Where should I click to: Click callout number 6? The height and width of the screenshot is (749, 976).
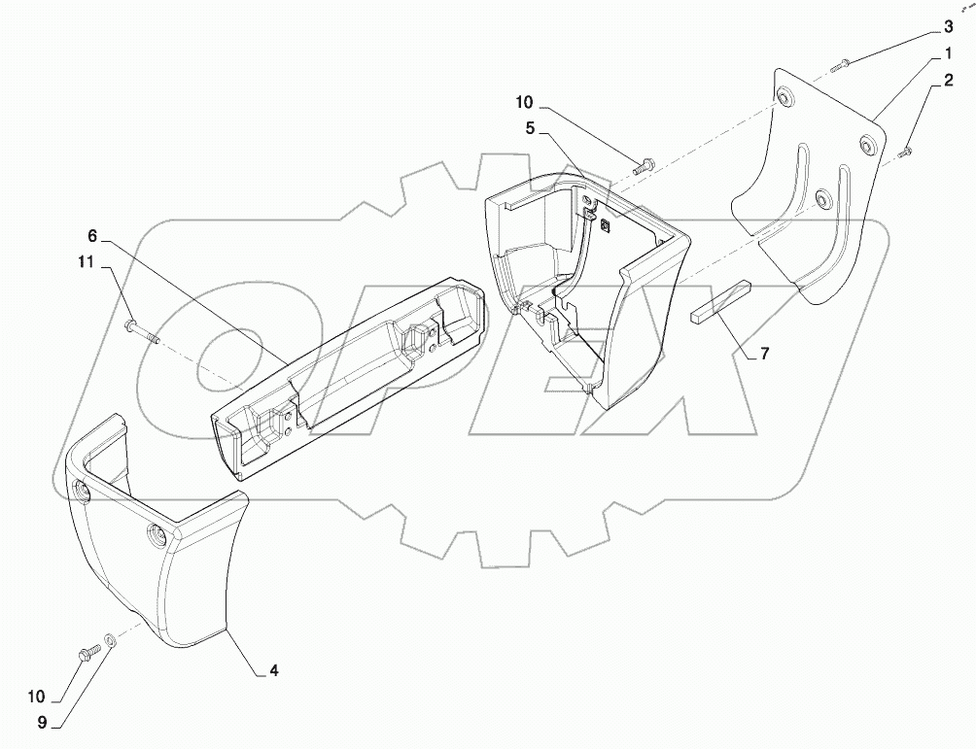click(92, 235)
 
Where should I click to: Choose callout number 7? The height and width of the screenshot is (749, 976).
click(764, 354)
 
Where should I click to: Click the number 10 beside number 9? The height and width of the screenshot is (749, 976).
click(36, 697)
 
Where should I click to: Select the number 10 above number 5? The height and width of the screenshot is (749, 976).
click(524, 102)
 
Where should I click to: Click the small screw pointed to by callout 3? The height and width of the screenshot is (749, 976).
click(843, 64)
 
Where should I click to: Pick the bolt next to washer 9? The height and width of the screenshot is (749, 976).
click(88, 650)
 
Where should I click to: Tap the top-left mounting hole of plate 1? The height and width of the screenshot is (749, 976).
click(785, 99)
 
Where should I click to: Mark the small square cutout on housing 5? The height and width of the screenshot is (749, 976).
click(605, 226)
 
